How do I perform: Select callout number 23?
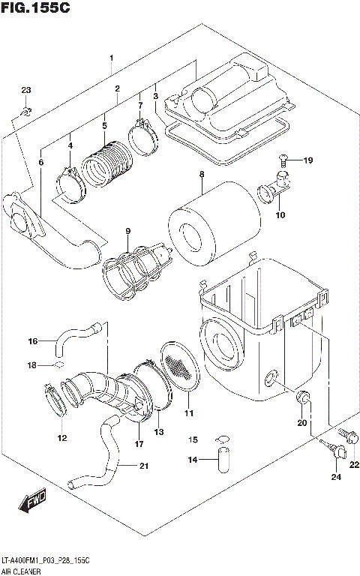coord(26,91)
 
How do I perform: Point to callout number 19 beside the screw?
coord(307,160)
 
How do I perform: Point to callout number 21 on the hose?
coord(142,466)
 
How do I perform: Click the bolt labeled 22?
coord(349,434)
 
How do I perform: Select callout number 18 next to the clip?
coord(31,365)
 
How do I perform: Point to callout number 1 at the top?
coord(111,58)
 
